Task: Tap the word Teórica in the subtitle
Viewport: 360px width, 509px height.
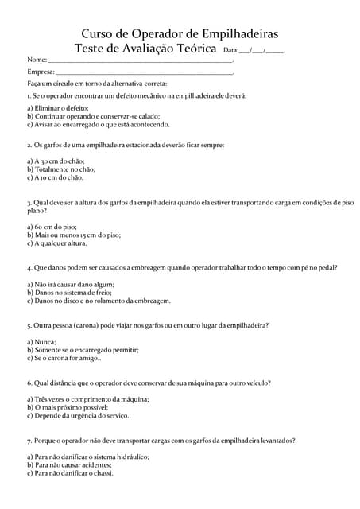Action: [x=194, y=49]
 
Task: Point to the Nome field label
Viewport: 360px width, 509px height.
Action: [x=37, y=60]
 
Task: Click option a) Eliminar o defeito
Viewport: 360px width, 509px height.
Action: [x=58, y=107]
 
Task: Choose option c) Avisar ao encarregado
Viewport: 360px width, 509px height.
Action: [x=98, y=124]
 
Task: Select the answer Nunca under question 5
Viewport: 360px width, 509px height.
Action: [x=41, y=341]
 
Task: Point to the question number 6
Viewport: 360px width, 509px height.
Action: [x=29, y=383]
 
